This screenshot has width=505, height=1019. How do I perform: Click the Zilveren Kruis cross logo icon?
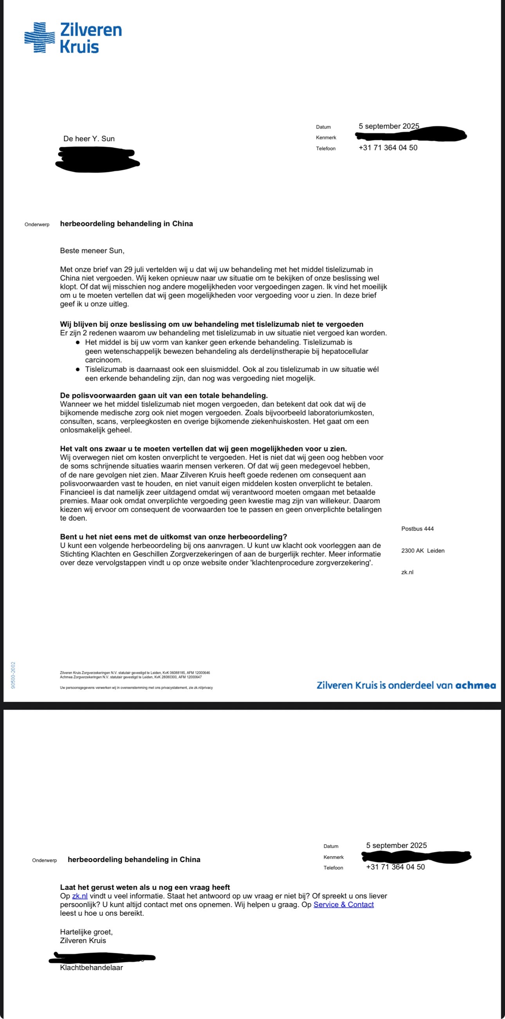click(39, 38)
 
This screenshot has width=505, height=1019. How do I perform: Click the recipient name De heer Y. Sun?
click(89, 139)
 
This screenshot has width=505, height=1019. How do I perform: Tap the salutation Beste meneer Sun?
click(92, 251)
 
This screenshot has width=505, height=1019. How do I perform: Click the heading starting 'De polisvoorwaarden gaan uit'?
click(164, 395)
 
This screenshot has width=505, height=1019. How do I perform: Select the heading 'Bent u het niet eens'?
click(173, 537)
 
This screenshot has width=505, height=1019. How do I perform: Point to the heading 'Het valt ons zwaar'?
click(203, 449)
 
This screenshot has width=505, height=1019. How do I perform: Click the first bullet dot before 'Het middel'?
click(78, 343)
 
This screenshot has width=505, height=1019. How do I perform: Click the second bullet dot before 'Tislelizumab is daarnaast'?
click(78, 370)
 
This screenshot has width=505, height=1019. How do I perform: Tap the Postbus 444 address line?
click(417, 529)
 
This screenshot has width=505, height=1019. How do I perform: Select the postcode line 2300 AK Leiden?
click(422, 551)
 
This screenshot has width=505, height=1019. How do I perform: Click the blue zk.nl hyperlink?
click(80, 896)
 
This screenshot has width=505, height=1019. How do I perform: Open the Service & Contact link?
click(343, 905)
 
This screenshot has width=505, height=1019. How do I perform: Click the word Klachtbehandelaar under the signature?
click(91, 968)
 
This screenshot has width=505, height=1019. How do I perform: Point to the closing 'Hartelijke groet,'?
click(86, 932)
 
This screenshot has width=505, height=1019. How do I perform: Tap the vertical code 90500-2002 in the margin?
click(13, 675)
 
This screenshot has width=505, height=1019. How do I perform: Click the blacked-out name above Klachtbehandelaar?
click(102, 958)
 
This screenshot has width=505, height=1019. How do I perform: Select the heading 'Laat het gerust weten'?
click(145, 887)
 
